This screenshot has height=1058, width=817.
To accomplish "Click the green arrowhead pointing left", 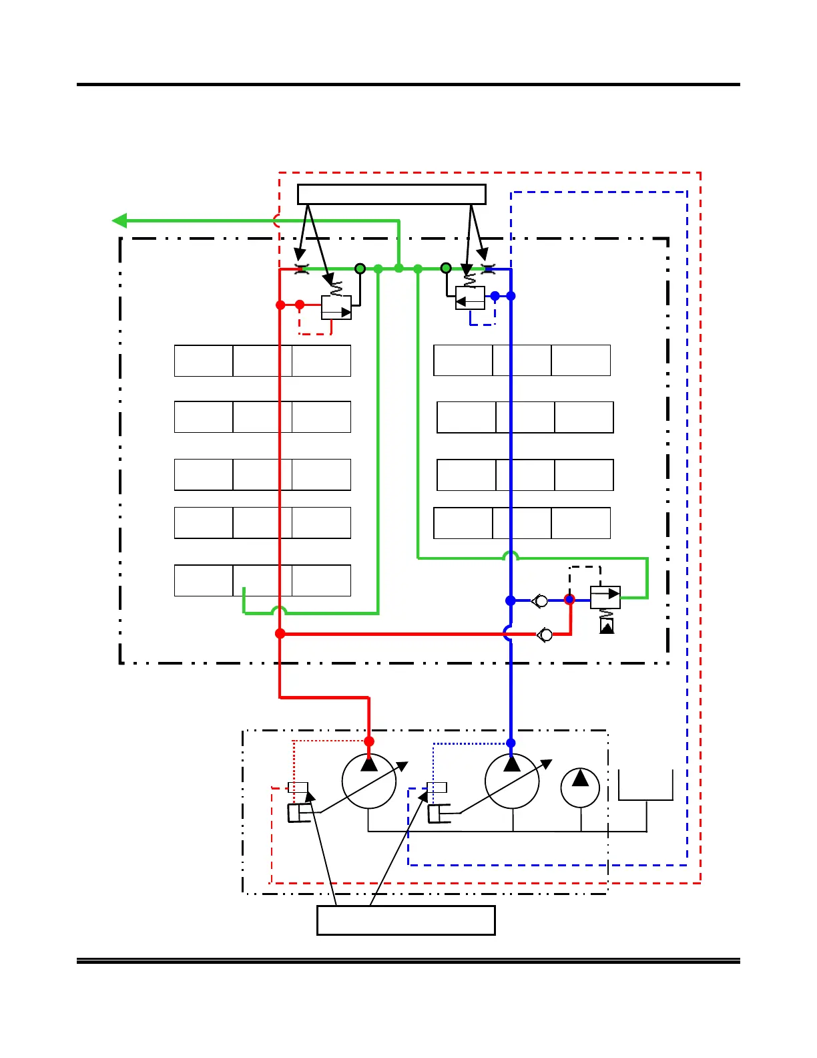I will pyautogui.click(x=119, y=220).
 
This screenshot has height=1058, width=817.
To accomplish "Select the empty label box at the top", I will pyautogui.click(x=391, y=194).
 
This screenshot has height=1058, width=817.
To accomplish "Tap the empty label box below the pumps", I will pyautogui.click(x=406, y=920).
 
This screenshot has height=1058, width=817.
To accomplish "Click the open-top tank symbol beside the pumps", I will pyautogui.click(x=645, y=785).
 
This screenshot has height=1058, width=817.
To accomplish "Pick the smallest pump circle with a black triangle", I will pyautogui.click(x=580, y=787).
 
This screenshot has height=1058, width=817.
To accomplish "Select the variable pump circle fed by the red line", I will pyautogui.click(x=369, y=781).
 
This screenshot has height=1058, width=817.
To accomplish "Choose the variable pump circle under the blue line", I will pyautogui.click(x=512, y=781).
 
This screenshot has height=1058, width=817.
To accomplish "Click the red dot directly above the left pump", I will pyautogui.click(x=369, y=741).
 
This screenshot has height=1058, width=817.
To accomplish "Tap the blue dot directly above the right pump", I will pyautogui.click(x=511, y=743).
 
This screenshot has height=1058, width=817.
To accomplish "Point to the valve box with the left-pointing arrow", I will pyautogui.click(x=470, y=298).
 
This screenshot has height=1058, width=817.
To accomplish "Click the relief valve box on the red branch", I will pyautogui.click(x=336, y=308).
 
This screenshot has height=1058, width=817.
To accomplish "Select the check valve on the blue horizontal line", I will pyautogui.click(x=540, y=601).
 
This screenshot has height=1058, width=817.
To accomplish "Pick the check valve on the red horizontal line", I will pyautogui.click(x=545, y=635).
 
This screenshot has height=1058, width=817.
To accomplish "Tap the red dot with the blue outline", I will pyautogui.click(x=569, y=600).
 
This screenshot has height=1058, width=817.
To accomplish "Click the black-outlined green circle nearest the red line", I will pyautogui.click(x=360, y=269).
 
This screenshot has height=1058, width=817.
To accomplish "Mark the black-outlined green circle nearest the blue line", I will pyautogui.click(x=446, y=269).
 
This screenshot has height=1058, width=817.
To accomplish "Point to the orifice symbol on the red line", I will pyautogui.click(x=302, y=269).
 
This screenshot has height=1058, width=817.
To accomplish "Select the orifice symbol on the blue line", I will pyautogui.click(x=488, y=269).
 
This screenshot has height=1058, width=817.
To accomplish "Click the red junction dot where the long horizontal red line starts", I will pyautogui.click(x=280, y=633).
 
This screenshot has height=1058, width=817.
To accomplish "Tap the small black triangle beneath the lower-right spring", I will pyautogui.click(x=607, y=627).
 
